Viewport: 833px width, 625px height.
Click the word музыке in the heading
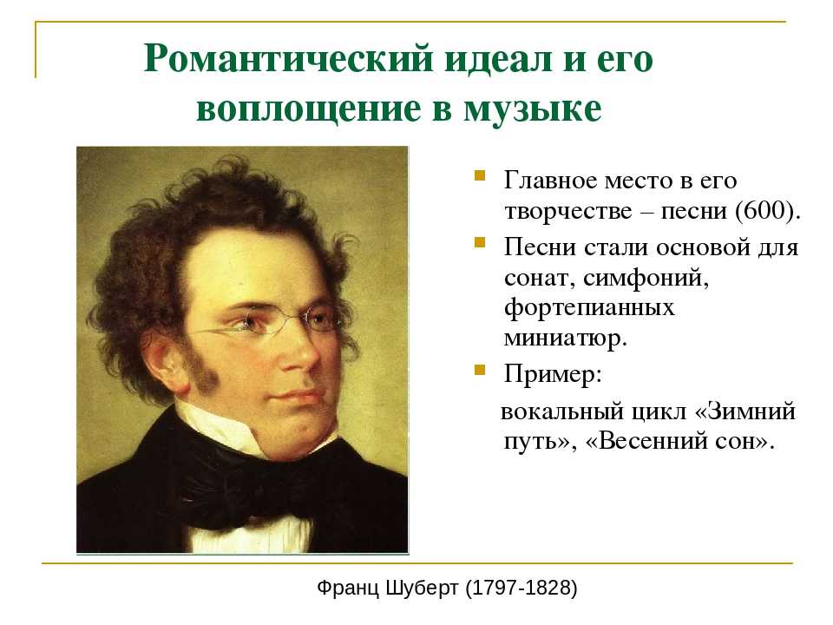[x=533, y=109]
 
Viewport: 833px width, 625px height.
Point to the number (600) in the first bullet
[x=768, y=211]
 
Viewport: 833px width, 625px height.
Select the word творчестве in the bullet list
[x=567, y=212]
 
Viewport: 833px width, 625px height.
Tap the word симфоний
[x=646, y=278]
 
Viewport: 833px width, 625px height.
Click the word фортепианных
[x=589, y=308]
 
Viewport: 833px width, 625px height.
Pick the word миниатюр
[x=565, y=339]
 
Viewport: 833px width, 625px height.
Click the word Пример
[x=553, y=374]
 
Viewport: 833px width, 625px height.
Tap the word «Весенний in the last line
[x=650, y=441]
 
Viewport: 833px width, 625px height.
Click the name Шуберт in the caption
[x=422, y=588]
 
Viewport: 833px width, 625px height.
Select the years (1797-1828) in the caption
[x=521, y=588]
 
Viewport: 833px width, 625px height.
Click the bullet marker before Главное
[x=480, y=176]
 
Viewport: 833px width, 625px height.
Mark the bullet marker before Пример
[x=480, y=370]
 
